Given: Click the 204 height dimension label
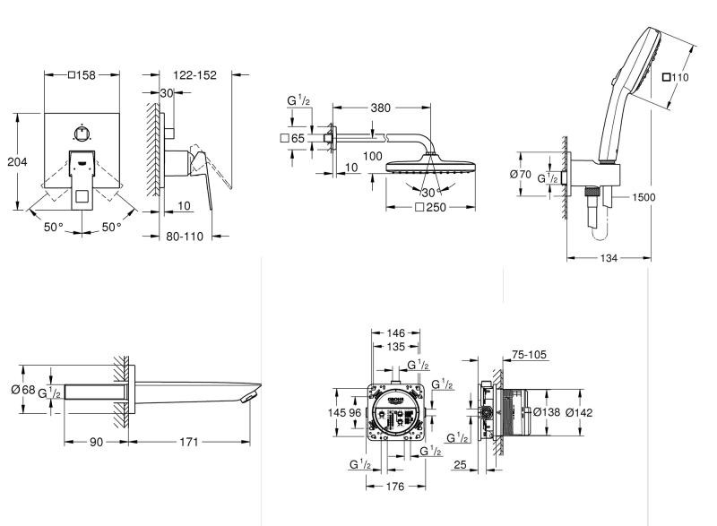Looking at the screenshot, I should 15,162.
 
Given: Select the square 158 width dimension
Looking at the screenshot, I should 82,75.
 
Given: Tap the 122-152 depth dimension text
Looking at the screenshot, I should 194,75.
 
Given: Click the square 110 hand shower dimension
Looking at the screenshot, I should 677,78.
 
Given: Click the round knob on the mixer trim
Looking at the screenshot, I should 82,134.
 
